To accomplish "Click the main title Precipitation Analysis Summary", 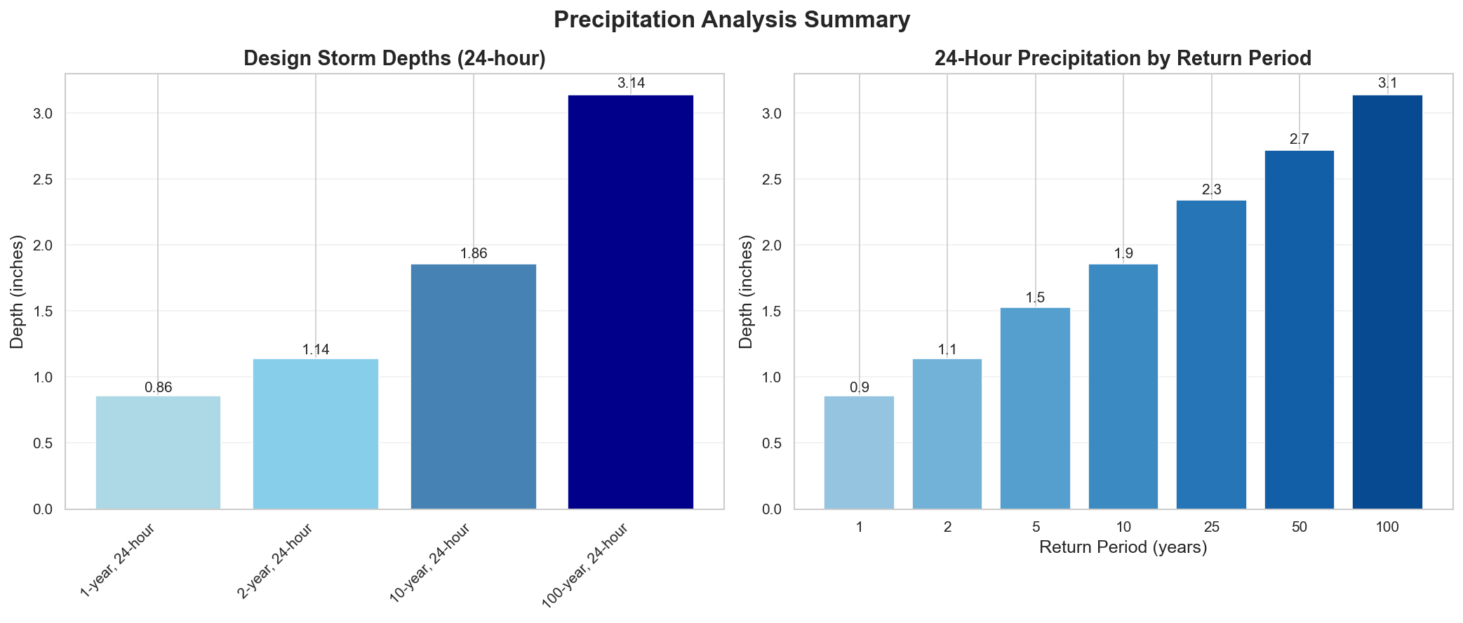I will coord(731,20).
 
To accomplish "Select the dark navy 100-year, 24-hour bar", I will coord(631,302).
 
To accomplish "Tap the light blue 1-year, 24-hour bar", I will coord(158,453).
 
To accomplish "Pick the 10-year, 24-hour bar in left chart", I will coord(473,386).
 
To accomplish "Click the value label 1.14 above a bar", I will coord(316,349).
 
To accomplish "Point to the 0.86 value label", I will coord(158,387).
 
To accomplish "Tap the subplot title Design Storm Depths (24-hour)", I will coord(394,59).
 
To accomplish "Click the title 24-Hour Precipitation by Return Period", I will coord(1123,59).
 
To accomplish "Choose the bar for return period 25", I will coord(1211,354).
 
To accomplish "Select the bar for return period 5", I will coord(1035,408).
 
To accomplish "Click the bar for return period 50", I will coord(1299,330).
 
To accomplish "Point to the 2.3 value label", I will coord(1211,189).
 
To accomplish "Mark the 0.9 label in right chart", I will coord(859,387).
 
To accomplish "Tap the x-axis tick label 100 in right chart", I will coord(1387,526).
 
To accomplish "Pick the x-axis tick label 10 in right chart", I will coord(1123,526).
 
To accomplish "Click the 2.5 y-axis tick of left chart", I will coord(44,180).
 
